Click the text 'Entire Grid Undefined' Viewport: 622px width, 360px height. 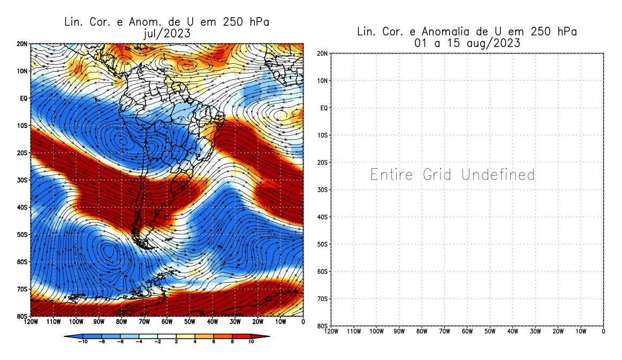[x=452, y=175]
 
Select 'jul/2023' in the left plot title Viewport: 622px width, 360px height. [x=166, y=33]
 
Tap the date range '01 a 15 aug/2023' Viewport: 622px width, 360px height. [x=467, y=43]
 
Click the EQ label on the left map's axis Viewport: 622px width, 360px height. [x=24, y=98]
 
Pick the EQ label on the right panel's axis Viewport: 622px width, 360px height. [x=324, y=108]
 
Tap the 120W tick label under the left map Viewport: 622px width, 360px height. [x=31, y=322]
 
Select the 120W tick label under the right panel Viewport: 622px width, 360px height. [x=331, y=332]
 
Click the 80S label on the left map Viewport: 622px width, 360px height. [x=22, y=316]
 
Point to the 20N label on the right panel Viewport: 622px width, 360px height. [x=323, y=54]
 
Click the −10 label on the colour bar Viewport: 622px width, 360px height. [x=83, y=341]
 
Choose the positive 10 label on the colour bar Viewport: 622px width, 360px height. [x=250, y=341]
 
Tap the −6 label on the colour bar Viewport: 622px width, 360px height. [x=120, y=341]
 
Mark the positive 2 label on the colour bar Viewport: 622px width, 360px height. [x=176, y=341]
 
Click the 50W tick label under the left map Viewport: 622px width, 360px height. [x=189, y=322]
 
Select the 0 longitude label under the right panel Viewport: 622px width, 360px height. [x=603, y=332]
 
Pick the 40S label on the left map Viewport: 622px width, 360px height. [x=22, y=207]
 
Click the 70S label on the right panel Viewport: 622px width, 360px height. [x=323, y=298]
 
